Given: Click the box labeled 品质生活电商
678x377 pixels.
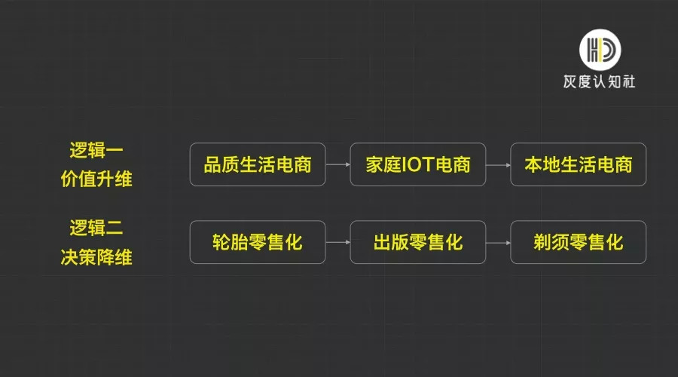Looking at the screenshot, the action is (x=258, y=164).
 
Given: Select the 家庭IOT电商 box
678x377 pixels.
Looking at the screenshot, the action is (x=418, y=164).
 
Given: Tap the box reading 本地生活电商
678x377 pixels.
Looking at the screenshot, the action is (x=578, y=164).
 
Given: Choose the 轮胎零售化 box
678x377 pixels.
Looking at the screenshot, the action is (x=258, y=242).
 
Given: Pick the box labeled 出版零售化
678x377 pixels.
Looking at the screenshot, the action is (x=418, y=242).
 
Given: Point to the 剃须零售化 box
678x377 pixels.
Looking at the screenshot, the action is (x=578, y=242).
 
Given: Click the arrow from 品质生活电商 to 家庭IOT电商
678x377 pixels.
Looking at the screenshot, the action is (x=337, y=164).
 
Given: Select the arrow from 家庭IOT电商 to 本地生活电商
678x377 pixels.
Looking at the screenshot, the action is (x=498, y=164).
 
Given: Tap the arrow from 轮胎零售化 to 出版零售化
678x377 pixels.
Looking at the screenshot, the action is (x=337, y=242).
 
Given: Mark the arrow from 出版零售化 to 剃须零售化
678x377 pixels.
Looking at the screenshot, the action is (x=498, y=242).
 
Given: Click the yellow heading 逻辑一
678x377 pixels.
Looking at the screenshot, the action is (x=96, y=149).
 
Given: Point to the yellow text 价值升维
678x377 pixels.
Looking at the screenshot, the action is (x=96, y=179).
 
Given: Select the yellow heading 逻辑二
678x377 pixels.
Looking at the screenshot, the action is (x=96, y=227).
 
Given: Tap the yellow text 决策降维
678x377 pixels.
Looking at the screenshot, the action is (x=96, y=257).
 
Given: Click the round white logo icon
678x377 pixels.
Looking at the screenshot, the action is (x=600, y=48).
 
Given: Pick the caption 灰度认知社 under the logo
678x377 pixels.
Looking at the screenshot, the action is (x=600, y=81).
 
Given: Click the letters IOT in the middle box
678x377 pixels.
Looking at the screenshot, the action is (x=418, y=165).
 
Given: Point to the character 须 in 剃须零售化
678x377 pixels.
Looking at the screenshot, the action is (x=560, y=242).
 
